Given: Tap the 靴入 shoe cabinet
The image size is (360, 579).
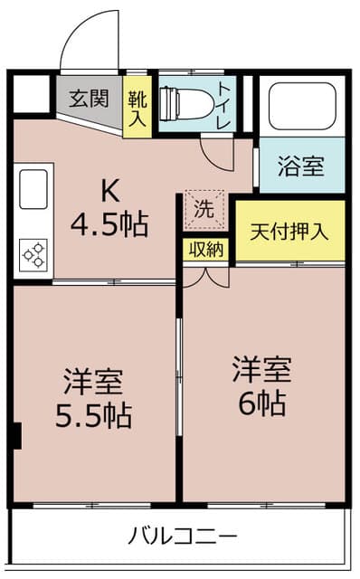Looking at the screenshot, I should (137, 104).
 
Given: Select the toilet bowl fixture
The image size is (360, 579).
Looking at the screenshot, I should (185, 103).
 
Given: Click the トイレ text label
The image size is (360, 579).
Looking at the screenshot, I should (228, 102).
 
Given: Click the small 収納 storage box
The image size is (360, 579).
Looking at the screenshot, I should (204, 250).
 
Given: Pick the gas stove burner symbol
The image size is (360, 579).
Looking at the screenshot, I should (33, 254).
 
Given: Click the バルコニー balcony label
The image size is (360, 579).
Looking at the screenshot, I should (182, 537).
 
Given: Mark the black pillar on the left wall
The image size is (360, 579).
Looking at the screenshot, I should (15, 435).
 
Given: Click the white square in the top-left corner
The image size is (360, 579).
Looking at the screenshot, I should (31, 93).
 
